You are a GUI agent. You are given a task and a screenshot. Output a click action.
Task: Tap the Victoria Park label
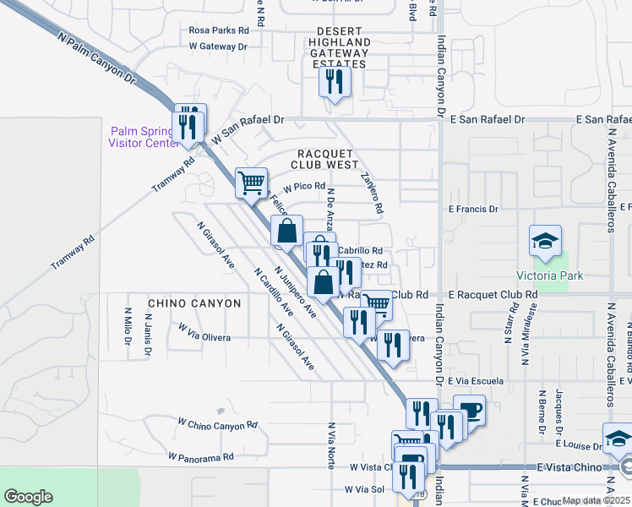click(x=545, y=275)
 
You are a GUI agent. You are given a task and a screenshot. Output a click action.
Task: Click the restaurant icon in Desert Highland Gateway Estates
click(x=335, y=82)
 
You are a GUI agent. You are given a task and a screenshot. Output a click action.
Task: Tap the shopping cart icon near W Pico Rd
click(x=251, y=182)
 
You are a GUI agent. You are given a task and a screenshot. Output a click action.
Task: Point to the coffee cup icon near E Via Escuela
click(x=470, y=410)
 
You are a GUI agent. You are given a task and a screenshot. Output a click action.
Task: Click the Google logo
click(x=28, y=497)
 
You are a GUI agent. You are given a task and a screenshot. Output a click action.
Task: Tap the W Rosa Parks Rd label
click(x=219, y=30)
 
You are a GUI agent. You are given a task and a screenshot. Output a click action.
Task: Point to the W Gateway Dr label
click(x=215, y=46)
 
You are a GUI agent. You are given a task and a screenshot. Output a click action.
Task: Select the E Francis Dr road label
click(x=473, y=209)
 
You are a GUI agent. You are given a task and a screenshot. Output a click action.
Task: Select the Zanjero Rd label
click(x=371, y=194)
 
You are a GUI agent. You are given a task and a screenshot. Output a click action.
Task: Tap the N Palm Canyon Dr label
click(x=97, y=59)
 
